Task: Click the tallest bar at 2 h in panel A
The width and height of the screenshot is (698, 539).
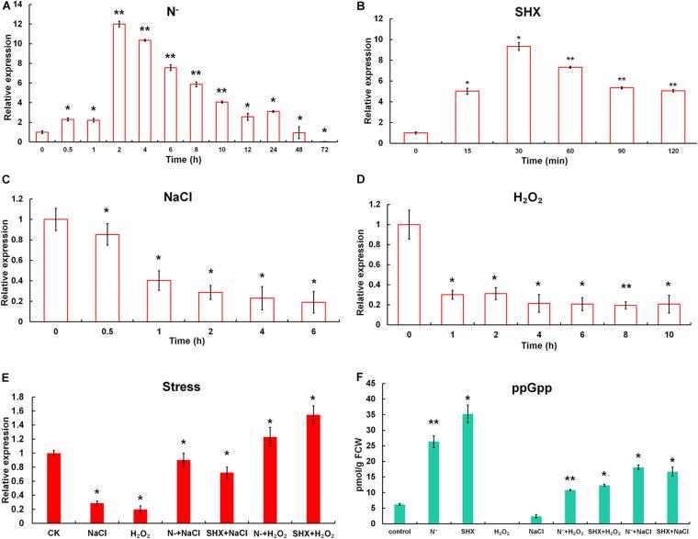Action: (118, 83)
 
